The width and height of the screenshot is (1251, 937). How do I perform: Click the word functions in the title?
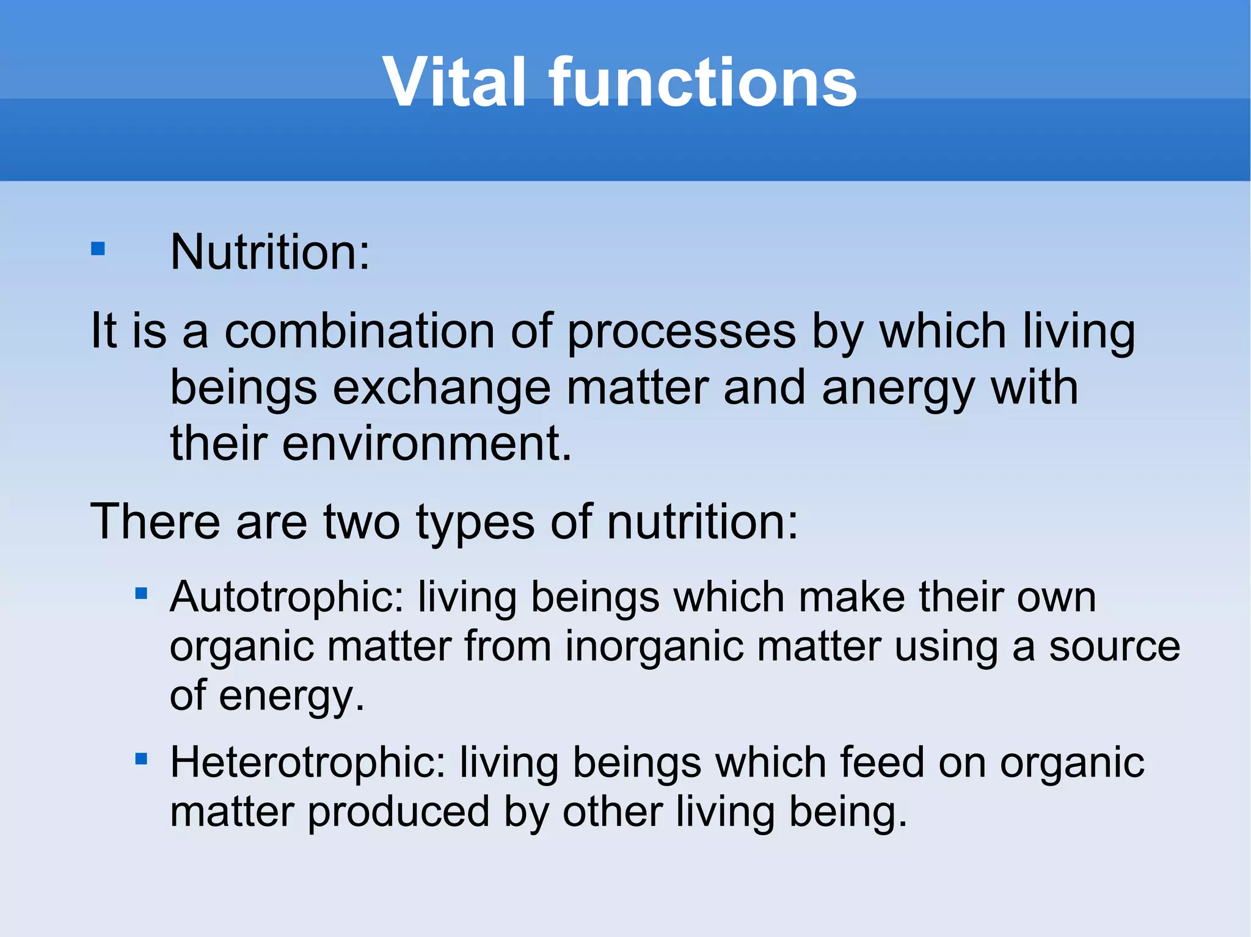coord(702,82)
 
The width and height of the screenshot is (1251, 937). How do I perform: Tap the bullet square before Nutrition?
coord(98,249)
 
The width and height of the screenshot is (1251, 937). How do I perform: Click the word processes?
coord(681,331)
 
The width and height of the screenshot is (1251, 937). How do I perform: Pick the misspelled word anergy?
coord(898,389)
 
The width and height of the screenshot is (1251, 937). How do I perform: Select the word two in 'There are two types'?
coord(361,523)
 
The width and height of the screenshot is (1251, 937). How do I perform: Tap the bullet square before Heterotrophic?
coord(141,759)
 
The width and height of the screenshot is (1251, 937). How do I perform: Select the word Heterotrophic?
coord(308,763)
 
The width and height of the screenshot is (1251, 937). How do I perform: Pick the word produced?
coord(398,812)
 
